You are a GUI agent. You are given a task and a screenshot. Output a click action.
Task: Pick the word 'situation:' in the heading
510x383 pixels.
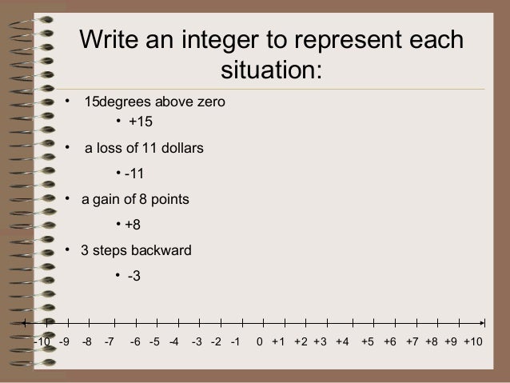(x=272, y=70)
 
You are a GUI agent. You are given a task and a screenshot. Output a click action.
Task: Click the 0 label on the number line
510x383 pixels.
(x=260, y=342)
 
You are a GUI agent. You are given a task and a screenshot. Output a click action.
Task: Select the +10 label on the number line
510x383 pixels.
(x=473, y=342)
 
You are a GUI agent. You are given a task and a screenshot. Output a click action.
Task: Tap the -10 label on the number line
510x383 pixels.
(x=42, y=342)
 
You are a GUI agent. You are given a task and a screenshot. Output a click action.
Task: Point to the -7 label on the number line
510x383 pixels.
(x=110, y=342)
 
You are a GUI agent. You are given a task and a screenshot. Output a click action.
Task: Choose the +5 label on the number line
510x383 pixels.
(x=368, y=342)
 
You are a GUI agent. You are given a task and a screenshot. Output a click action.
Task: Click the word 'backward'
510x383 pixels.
(x=163, y=250)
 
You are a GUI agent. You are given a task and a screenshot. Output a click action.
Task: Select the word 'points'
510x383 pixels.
(x=170, y=198)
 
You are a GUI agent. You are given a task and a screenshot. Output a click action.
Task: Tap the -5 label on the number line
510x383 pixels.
(x=155, y=342)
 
